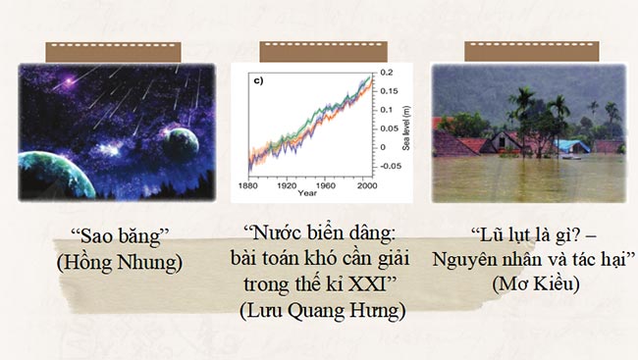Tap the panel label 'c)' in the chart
[261, 80]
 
